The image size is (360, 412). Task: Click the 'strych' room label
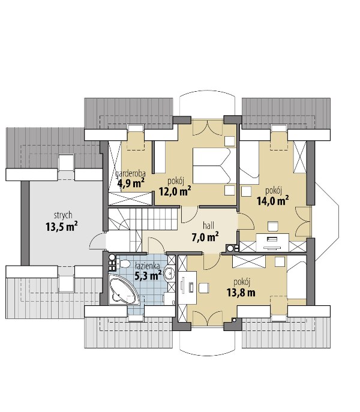pos(63,215)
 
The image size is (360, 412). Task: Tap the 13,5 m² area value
pos(62,226)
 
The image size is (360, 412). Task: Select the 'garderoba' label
pos(130,174)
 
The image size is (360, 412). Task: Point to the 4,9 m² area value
pos(131,183)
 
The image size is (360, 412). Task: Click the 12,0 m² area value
pos(175,191)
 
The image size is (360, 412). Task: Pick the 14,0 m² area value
pos(272,200)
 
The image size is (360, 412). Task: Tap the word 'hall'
pos(208,225)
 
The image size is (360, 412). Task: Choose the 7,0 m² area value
pos(205,237)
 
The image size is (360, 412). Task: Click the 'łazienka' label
pos(147,266)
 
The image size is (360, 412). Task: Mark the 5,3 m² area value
pos(148,275)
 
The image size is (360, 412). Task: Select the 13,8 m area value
pos(241,293)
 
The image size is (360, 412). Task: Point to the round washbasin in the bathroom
pos(169,273)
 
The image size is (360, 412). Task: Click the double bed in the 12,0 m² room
pos(212,166)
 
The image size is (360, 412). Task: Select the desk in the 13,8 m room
pos(187,287)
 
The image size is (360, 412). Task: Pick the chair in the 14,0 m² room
pos(272,226)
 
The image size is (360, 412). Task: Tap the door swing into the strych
pos(98,240)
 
